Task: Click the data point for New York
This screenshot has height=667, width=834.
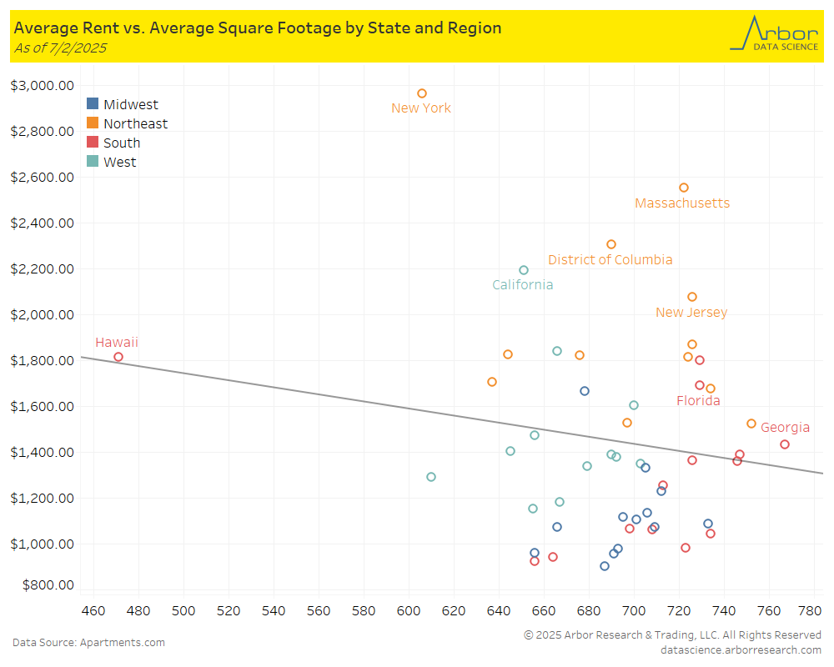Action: coord(422,93)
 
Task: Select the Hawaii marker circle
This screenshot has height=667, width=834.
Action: coord(118,357)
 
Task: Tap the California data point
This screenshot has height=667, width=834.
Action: coord(524,270)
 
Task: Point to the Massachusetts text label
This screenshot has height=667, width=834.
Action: coord(682,203)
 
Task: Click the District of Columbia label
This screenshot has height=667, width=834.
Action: coord(610,260)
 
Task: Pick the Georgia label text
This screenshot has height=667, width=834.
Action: coord(785,428)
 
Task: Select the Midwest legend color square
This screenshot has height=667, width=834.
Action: coord(93,104)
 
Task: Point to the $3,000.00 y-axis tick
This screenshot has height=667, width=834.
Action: coord(43,85)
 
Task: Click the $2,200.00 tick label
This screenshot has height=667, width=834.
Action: coord(43,268)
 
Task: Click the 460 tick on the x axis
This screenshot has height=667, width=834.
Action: coord(93,611)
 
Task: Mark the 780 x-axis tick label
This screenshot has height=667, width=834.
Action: coord(814,611)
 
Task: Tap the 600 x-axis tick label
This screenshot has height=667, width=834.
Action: coord(409,611)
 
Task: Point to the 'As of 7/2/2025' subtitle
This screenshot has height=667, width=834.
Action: coord(60,48)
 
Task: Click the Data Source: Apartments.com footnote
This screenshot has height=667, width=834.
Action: coord(88,642)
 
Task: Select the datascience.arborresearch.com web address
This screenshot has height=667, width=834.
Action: coord(741,649)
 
